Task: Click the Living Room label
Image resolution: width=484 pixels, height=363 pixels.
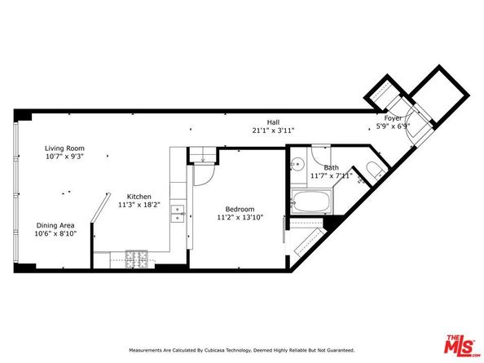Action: tap(64, 148)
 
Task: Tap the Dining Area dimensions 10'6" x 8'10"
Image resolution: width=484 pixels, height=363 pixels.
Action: tap(55, 233)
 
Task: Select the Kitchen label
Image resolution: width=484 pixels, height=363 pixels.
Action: tap(138, 196)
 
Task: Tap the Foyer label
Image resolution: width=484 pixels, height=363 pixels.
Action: tap(394, 118)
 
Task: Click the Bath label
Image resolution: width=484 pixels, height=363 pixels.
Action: tap(331, 167)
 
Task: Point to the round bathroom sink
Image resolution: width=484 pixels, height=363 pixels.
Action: tap(299, 162)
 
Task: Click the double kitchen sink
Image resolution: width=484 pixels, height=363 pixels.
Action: tap(177, 214)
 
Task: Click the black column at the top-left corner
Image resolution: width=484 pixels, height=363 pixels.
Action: tap(24, 114)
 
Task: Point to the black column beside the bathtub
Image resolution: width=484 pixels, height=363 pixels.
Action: tap(333, 221)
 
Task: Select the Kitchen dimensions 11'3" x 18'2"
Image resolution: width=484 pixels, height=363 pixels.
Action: tap(138, 206)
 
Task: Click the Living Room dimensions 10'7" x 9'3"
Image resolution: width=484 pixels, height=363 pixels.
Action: tap(64, 157)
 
